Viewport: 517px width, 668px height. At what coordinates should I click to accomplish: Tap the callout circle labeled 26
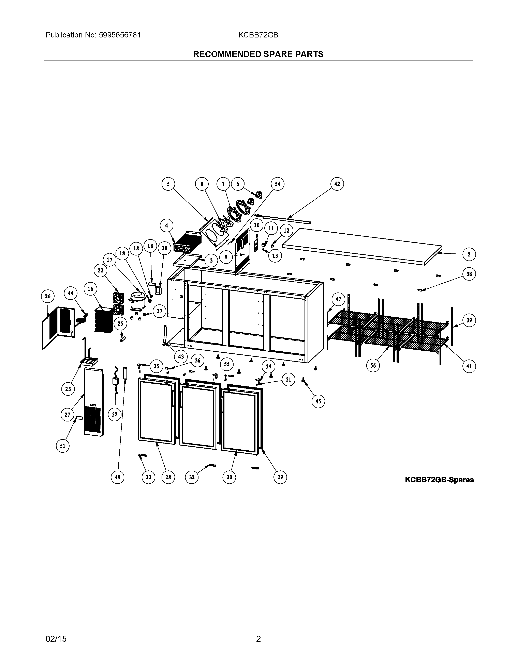(48, 296)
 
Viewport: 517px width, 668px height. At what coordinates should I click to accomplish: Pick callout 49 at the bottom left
(118, 477)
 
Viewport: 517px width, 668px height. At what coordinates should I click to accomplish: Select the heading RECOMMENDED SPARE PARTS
(258, 54)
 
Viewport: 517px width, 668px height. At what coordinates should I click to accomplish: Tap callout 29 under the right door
(280, 477)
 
